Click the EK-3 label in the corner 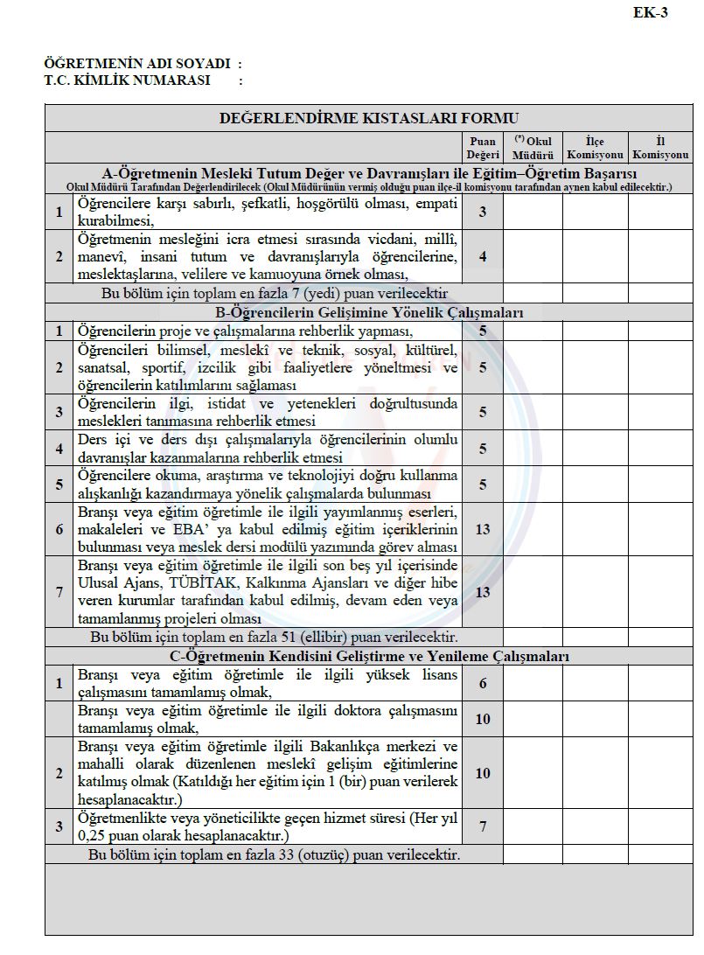pos(651,13)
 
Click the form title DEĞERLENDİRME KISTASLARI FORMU pos(369,118)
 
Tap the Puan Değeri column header pos(483,148)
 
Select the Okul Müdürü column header pos(533,148)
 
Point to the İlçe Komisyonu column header pos(595,148)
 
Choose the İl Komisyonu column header pos(660,148)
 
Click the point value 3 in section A pos(483,212)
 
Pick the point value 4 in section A pos(483,256)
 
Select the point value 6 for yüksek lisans pos(483,683)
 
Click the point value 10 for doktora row pos(483,719)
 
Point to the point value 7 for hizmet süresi pos(483,826)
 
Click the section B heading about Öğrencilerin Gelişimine pos(369,312)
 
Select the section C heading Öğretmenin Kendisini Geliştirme pos(369,656)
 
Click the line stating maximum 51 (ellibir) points pos(275,638)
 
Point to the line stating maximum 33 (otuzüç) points pos(275,854)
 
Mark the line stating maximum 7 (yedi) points pos(275,293)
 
